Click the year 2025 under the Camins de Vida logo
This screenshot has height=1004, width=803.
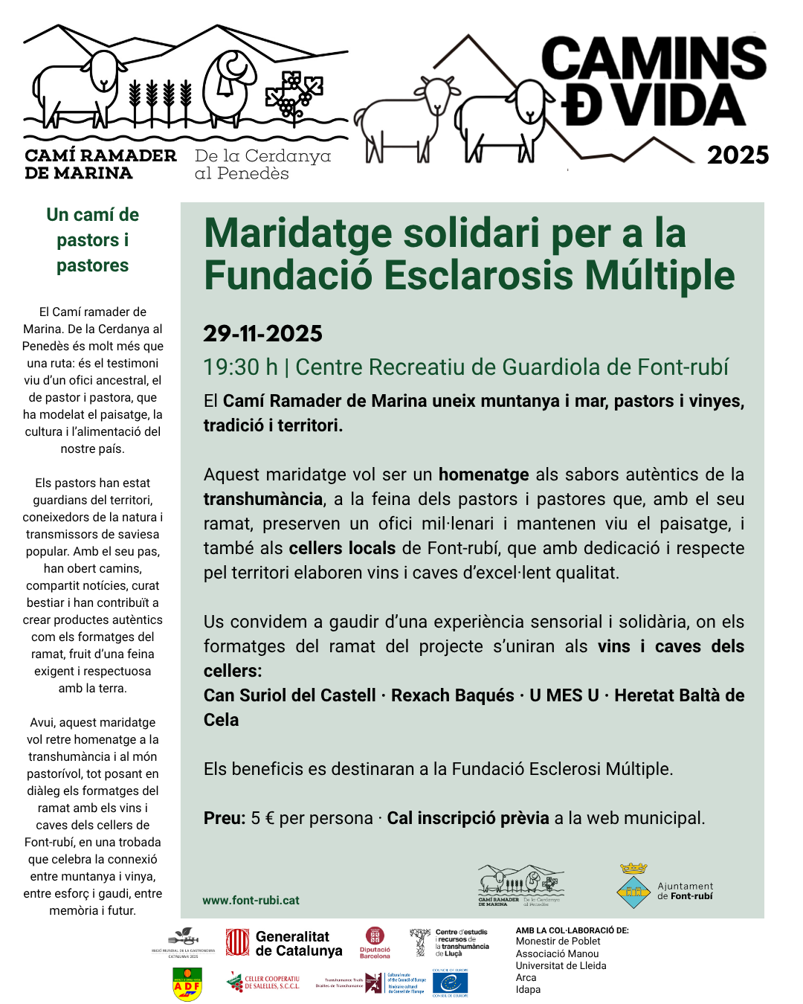click(737, 155)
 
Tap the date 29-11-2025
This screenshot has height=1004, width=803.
click(262, 333)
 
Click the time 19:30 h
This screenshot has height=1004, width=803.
click(240, 367)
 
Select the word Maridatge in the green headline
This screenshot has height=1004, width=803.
click(297, 233)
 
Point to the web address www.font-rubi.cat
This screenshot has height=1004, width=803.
click(251, 900)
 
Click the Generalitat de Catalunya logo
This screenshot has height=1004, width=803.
click(284, 943)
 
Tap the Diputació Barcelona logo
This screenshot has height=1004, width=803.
click(375, 942)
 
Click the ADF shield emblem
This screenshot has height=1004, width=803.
click(187, 984)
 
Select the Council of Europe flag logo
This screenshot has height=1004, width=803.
click(450, 982)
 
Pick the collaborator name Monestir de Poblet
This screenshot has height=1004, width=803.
click(558, 942)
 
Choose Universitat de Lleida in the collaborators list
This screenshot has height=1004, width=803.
click(561, 965)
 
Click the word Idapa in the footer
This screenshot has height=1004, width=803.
click(528, 989)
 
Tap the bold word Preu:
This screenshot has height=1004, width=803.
click(225, 818)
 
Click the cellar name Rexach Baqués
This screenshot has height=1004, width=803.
click(452, 695)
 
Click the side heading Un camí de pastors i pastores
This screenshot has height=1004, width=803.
click(92, 239)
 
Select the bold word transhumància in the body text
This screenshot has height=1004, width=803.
click(263, 499)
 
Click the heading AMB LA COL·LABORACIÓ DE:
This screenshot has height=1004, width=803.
click(572, 930)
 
